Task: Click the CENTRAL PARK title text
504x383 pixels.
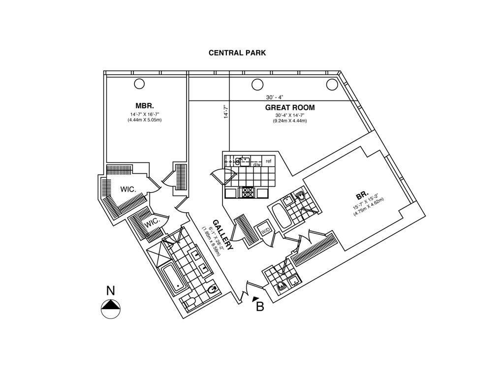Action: (237, 53)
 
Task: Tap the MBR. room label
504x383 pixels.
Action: (145, 106)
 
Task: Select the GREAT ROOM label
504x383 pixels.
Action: (290, 108)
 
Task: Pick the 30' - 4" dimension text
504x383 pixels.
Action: (275, 97)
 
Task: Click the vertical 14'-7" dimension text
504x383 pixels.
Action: (226, 111)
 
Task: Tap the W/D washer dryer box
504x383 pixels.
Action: (265, 231)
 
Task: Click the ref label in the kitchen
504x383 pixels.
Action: (269, 161)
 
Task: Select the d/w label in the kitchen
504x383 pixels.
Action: (257, 164)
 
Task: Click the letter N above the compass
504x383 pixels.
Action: (111, 291)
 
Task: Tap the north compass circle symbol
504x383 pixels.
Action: (111, 309)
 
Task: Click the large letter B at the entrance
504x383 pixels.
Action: (260, 307)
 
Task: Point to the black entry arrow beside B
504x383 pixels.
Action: (254, 298)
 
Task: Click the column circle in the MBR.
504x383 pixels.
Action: (139, 83)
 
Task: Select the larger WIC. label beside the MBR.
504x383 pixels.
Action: (128, 189)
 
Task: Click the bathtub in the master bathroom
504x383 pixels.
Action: (174, 280)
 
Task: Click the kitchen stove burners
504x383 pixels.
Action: (246, 192)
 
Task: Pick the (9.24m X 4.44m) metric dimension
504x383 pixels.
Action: (290, 121)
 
